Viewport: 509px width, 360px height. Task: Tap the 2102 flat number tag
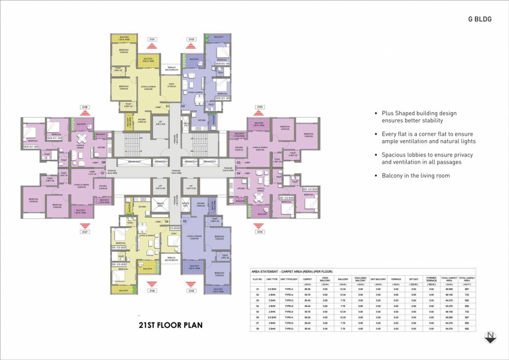191,40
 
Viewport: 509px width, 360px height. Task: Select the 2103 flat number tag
259,107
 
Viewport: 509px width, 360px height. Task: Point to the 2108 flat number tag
85,107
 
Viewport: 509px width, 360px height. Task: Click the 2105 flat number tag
190,291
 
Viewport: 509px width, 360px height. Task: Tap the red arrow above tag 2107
85,225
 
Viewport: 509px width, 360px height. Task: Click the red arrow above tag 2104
259,225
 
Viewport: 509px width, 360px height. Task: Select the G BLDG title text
479,19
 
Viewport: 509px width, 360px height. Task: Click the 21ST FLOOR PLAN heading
171,324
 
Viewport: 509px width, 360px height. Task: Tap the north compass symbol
490,337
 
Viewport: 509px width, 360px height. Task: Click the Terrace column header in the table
396,279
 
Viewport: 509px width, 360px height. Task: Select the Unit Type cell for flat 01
272,289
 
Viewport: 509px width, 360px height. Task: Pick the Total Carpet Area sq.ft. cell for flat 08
466,329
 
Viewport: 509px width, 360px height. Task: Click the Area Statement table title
292,271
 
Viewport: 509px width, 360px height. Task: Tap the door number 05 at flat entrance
185,221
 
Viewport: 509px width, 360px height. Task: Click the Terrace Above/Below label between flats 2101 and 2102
172,69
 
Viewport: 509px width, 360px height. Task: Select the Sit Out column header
413,279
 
